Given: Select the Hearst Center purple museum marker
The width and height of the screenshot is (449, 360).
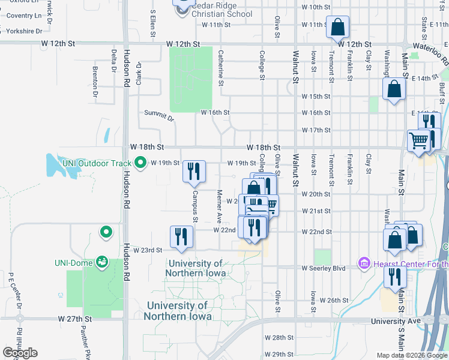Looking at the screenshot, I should pos(364,263).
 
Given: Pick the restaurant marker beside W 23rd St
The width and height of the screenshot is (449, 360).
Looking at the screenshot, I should pos(181,236).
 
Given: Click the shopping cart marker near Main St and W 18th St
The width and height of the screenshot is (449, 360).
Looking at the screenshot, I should pos(418,141).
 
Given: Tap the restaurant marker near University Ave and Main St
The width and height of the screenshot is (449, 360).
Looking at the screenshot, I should pos(394,277).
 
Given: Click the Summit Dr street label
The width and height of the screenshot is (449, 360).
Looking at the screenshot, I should pos(159,116).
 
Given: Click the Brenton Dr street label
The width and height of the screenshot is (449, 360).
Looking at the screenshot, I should pos(95,82).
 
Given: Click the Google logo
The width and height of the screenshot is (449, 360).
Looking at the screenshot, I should pos(20,353).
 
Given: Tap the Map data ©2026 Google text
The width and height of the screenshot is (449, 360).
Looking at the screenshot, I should pos(412,355).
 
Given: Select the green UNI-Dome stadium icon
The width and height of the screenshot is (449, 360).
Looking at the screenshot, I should pos(102,262).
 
